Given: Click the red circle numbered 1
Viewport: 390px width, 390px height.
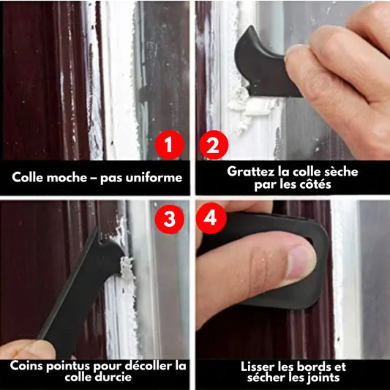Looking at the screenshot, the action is (169, 145).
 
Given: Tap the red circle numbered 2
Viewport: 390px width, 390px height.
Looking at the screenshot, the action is (214, 145).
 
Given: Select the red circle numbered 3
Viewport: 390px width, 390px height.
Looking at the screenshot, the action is (169, 219).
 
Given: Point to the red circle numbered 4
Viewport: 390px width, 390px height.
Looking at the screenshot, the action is (211, 218).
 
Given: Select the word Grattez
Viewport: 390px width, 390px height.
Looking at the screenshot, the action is (250, 171).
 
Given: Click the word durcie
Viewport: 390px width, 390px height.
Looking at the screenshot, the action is (115, 377).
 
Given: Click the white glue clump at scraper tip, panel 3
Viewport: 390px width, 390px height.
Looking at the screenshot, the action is (127, 268).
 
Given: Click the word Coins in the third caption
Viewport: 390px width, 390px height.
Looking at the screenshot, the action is (26, 366).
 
